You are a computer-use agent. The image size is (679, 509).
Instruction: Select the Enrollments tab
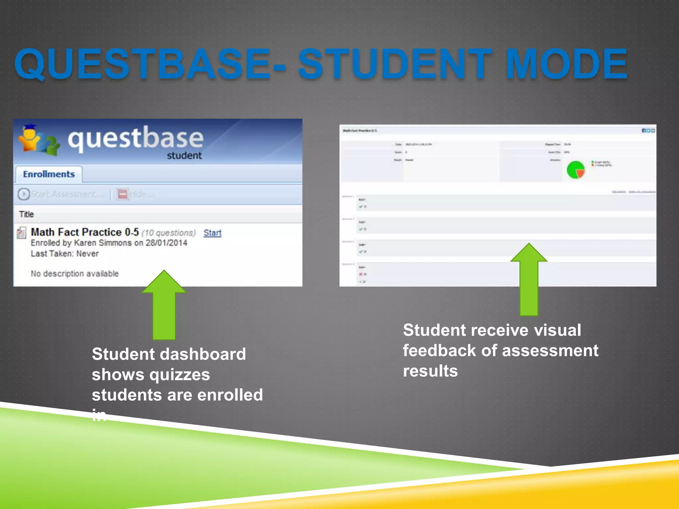point(49,174)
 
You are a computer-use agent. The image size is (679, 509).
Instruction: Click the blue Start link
point(212,233)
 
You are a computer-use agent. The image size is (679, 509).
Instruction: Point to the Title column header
point(27,214)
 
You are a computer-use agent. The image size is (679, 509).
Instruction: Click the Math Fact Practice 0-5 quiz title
point(85,232)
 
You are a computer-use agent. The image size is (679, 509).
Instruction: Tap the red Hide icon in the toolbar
point(123,194)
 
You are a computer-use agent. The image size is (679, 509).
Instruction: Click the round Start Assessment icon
point(24,194)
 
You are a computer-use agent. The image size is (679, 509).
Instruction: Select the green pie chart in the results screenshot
point(576,170)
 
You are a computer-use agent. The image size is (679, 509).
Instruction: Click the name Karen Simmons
point(102,243)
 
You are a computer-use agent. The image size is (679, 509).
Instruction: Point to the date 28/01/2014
point(166,243)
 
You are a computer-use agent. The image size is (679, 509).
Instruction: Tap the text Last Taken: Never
point(65,254)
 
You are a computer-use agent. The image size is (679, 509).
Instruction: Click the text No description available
point(75,274)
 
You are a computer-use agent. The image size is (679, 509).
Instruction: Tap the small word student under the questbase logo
point(184,155)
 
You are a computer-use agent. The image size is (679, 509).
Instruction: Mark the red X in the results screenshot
point(361,274)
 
